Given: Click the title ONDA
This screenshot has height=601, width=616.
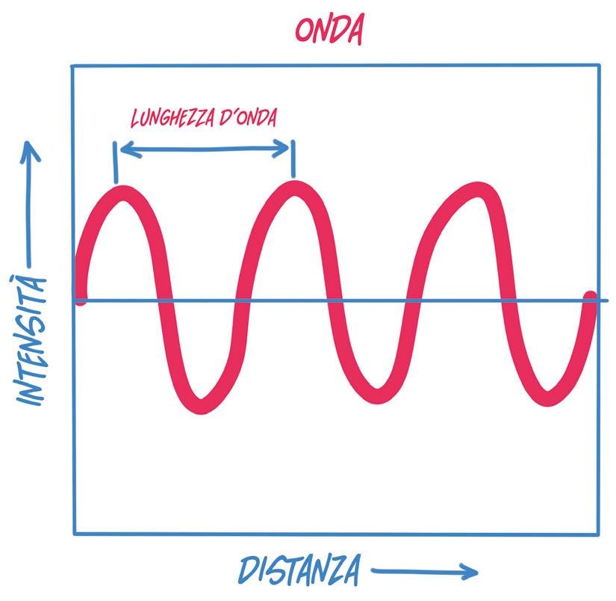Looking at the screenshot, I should click(329, 30).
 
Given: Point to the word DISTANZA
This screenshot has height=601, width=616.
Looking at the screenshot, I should click(299, 570).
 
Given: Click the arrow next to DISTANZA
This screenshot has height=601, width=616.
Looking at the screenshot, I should click(423, 573).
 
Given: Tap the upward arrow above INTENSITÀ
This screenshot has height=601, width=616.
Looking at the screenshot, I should click(31, 202).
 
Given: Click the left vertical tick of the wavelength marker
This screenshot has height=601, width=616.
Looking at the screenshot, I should click(116, 162).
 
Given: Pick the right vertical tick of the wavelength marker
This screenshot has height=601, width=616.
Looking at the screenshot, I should click(293, 158).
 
